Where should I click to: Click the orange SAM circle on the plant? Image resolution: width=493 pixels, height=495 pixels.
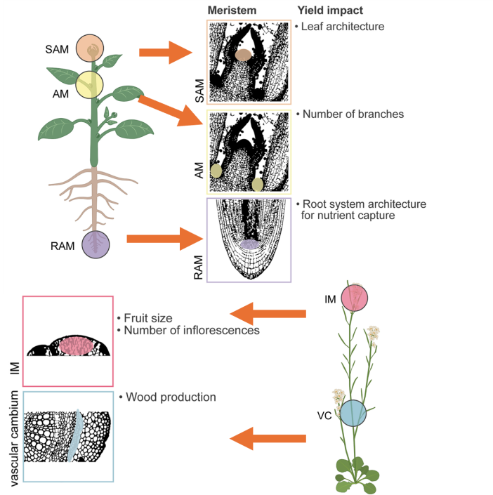91,48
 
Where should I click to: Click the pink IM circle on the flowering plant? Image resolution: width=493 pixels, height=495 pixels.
355,298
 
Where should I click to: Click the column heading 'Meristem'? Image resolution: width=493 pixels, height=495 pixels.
232,11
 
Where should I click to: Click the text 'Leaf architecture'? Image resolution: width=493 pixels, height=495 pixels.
343,27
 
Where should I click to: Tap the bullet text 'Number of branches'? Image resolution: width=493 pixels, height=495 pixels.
353,114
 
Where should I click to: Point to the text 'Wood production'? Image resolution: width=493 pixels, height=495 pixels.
171,397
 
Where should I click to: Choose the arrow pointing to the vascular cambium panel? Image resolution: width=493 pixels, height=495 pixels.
268,440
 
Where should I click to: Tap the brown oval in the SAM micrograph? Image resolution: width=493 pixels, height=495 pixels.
243,55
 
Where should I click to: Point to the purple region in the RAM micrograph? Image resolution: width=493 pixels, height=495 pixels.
249,244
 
